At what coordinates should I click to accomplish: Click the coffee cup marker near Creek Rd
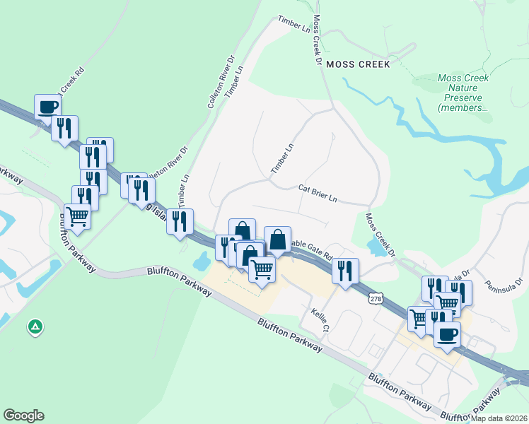[47, 107]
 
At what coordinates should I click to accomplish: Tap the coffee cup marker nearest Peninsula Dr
[446, 335]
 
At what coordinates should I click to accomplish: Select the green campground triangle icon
[35, 327]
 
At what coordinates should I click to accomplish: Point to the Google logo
[23, 416]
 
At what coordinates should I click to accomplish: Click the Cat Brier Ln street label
[317, 194]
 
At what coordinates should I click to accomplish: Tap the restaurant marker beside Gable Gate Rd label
[345, 271]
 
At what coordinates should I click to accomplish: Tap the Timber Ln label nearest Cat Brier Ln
[282, 160]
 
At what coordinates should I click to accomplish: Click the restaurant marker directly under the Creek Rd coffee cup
[64, 129]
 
